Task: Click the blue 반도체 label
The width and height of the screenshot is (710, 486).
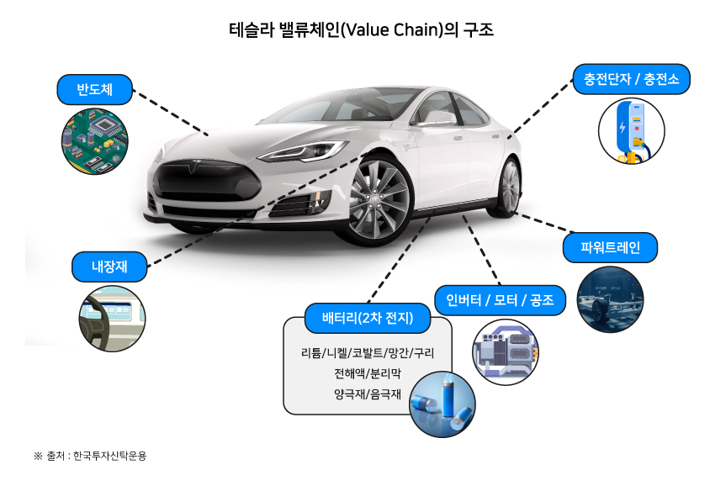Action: (x=95, y=88)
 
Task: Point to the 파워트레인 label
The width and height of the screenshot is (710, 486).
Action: (x=611, y=247)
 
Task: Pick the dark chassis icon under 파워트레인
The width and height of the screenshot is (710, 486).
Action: (x=611, y=299)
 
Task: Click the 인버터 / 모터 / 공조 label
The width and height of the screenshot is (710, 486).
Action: (x=500, y=300)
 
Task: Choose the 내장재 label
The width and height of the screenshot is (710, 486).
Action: (x=109, y=267)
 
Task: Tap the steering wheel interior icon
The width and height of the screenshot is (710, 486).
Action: (x=112, y=319)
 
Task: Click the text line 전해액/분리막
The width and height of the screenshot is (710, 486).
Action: (x=368, y=372)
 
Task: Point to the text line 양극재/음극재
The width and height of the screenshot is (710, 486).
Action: (x=368, y=394)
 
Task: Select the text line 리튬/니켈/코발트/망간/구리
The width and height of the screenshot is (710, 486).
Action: (x=368, y=352)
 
